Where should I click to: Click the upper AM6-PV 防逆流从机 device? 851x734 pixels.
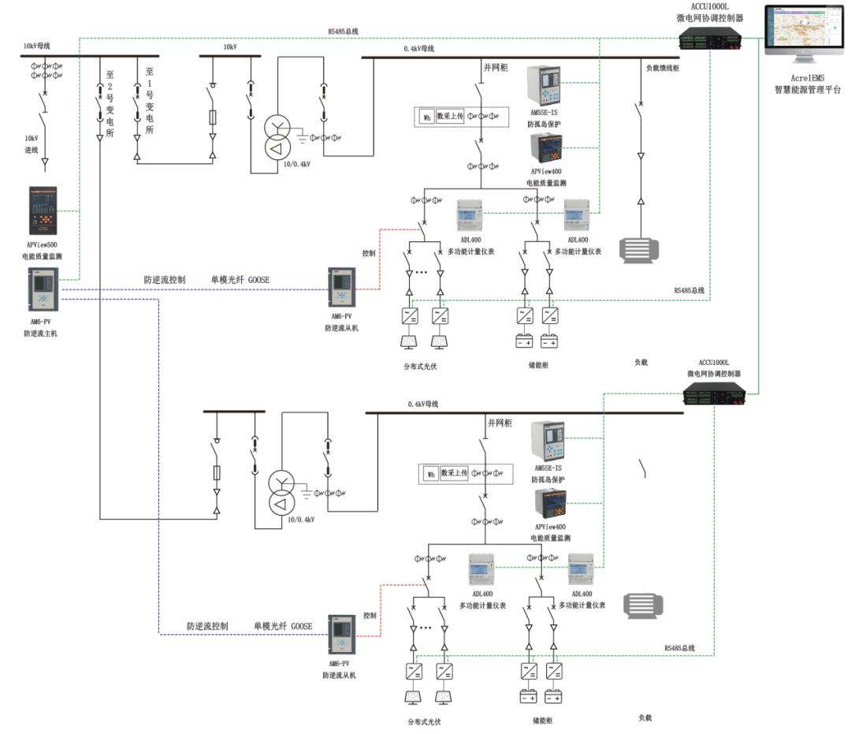341,288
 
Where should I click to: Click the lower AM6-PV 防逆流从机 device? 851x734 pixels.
341,634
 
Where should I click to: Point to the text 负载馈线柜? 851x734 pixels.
663,68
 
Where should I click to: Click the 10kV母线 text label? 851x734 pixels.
36,46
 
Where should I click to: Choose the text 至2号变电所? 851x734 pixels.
110,102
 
